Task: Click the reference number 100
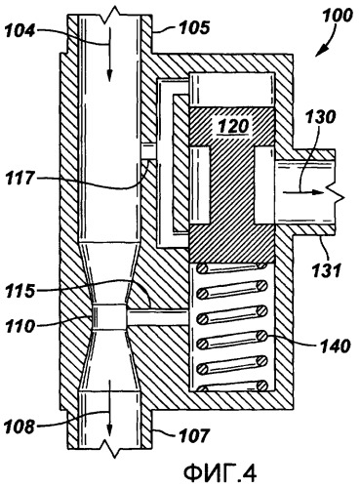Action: [337, 16]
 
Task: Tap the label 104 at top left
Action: [20, 30]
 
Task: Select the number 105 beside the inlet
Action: [194, 27]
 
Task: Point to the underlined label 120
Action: [233, 126]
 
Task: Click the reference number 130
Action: [319, 116]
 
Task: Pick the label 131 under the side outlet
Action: [326, 269]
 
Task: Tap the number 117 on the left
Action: [20, 178]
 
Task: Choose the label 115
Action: [20, 291]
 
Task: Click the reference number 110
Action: [20, 325]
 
